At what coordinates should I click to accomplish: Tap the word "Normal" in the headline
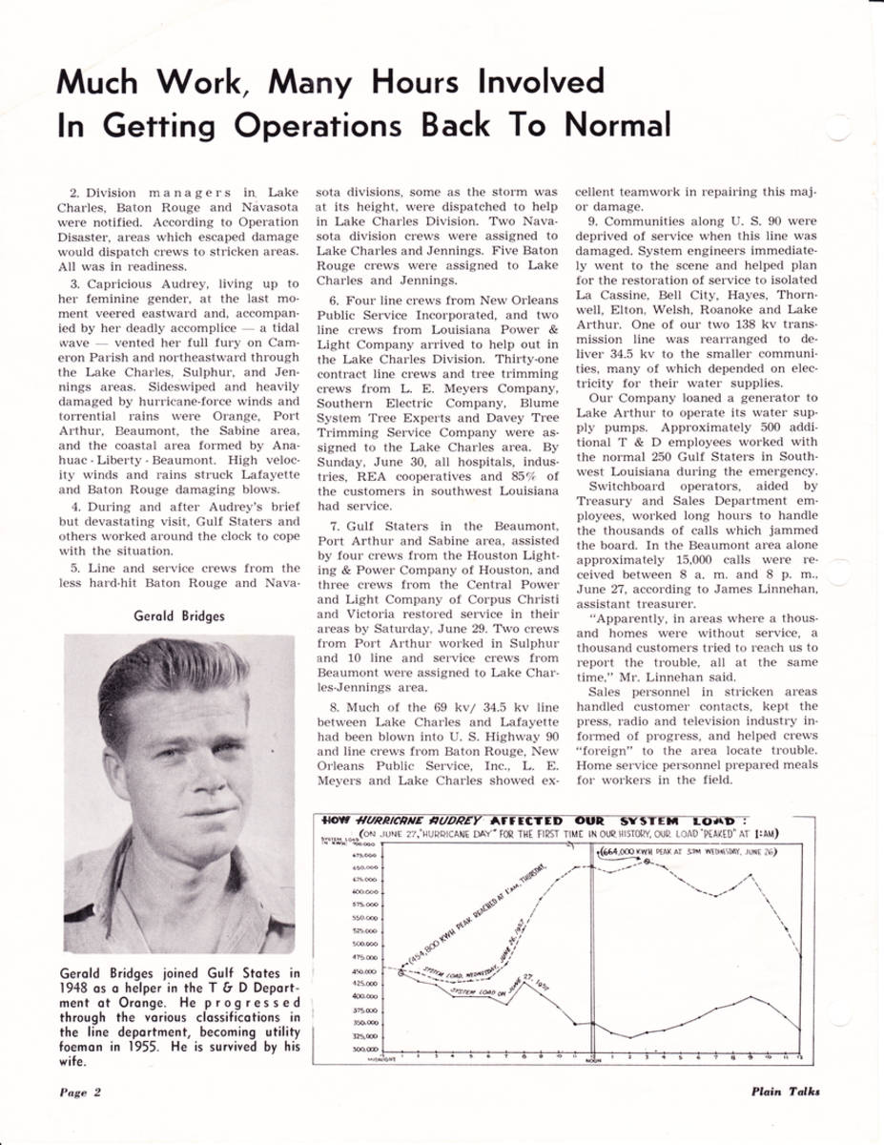(616, 125)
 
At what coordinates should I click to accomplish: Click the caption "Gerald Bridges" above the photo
(179, 616)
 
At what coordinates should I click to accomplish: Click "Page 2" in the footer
(81, 1093)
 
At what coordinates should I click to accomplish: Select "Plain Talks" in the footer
(784, 1093)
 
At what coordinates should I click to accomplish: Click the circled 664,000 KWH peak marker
(649, 862)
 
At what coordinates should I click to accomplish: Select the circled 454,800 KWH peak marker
(401, 972)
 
